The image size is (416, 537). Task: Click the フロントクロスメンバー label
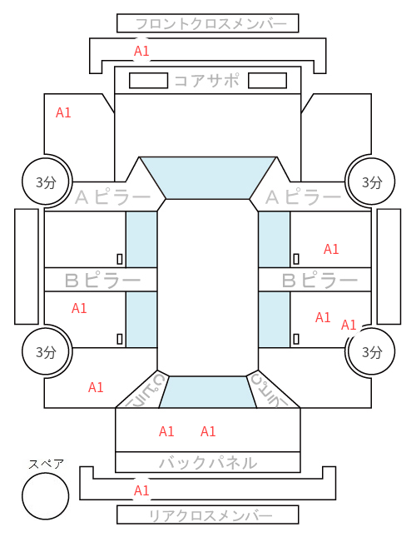(210, 24)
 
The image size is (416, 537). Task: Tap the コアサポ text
(207, 81)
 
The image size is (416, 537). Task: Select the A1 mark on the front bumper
(141, 51)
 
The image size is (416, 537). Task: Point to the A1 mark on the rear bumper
(141, 490)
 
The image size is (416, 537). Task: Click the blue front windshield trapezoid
(208, 178)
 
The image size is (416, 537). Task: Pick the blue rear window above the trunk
(208, 392)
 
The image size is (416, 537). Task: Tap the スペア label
(46, 464)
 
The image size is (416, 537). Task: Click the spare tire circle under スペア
(46, 496)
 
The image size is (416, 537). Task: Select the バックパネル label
(208, 463)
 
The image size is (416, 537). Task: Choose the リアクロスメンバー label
(210, 515)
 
